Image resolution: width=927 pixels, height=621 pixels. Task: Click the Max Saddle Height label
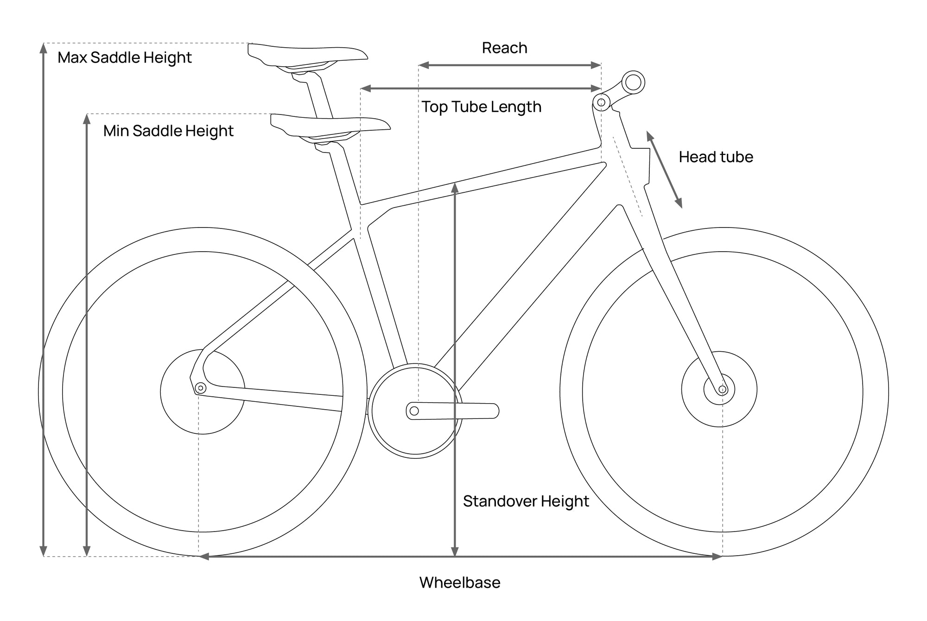click(x=125, y=58)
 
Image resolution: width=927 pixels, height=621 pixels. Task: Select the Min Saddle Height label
click(x=168, y=131)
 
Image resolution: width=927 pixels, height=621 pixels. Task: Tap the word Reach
click(x=505, y=48)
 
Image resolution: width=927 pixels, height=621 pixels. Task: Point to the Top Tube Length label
click(x=482, y=107)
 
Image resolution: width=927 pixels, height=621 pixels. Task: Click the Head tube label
click(x=716, y=157)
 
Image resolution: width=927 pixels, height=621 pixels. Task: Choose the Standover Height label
click(x=526, y=501)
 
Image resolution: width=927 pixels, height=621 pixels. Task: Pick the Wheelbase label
click(x=460, y=583)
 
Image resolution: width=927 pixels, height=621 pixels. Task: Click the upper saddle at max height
click(x=308, y=57)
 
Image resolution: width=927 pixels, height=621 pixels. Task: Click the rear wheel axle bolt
click(x=201, y=388)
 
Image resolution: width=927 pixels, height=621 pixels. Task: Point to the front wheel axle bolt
click(x=722, y=389)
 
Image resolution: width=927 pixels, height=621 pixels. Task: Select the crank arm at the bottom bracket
click(x=453, y=411)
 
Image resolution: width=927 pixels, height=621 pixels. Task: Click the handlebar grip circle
click(x=633, y=83)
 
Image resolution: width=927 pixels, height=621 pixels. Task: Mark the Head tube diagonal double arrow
click(x=665, y=170)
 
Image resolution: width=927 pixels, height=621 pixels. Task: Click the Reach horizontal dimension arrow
click(x=510, y=65)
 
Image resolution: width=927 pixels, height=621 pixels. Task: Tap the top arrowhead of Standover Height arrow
click(x=455, y=187)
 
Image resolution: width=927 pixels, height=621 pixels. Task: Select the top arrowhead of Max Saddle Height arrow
click(x=44, y=48)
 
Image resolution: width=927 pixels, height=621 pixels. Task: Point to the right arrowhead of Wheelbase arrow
click(x=717, y=557)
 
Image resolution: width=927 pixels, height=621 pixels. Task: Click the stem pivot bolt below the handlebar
click(x=601, y=102)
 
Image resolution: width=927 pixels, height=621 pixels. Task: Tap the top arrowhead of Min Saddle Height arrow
click(x=87, y=119)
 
